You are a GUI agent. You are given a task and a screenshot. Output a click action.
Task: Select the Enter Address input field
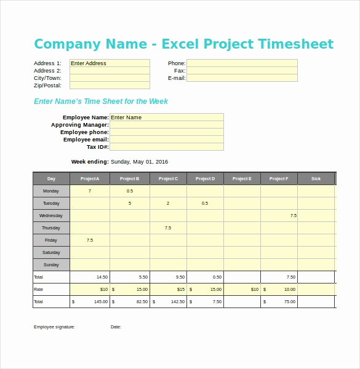point(110,63)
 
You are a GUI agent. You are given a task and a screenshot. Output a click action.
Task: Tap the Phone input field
point(242,63)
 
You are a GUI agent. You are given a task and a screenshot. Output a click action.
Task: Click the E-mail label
point(177,78)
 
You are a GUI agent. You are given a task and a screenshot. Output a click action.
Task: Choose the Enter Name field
point(166,117)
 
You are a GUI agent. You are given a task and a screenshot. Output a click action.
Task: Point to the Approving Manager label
point(80,125)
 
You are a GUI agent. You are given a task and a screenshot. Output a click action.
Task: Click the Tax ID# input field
point(166,147)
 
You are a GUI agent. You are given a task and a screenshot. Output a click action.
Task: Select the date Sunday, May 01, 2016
point(139,162)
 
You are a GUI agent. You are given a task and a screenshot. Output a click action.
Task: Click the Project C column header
point(168,179)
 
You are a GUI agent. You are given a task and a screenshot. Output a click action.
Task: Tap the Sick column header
point(316,179)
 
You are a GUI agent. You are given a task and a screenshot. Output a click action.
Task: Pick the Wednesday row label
point(51,216)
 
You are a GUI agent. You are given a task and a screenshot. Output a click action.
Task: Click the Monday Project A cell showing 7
point(90,191)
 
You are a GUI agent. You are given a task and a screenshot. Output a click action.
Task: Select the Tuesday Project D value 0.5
point(205,204)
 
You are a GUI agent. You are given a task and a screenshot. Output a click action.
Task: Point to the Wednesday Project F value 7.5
point(293,216)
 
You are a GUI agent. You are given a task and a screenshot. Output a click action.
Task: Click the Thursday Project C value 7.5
point(168,228)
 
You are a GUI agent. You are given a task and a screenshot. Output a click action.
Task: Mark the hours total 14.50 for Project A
point(102,277)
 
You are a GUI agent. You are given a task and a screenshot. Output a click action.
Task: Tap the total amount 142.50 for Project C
point(177,302)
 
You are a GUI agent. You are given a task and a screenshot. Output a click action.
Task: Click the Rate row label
point(38,290)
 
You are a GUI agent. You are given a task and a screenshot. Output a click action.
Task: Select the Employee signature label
point(54,327)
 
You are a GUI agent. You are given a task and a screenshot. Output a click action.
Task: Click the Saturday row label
point(51,253)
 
